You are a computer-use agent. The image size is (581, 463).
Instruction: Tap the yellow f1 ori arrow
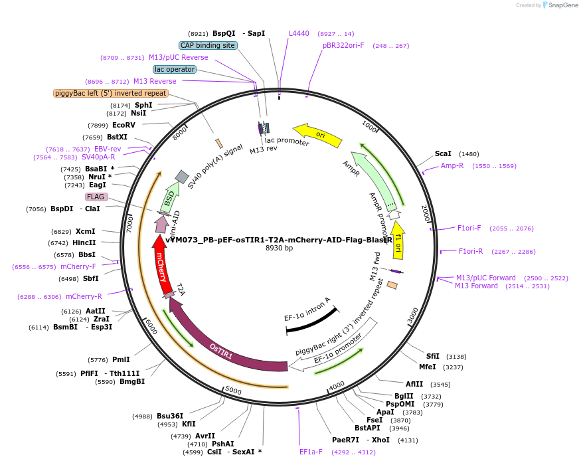pos(398,240)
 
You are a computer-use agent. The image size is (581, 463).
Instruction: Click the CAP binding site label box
pos(208,45)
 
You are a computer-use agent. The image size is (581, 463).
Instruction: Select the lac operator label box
pos(174,69)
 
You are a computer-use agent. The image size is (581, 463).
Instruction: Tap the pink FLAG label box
pos(96,197)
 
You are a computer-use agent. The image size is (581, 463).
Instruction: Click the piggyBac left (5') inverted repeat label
pos(111,94)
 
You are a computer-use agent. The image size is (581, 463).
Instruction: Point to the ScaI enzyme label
pos(443,153)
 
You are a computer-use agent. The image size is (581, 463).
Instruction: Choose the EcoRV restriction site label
pos(124,125)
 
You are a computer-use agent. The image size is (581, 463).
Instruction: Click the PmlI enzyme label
pos(121,359)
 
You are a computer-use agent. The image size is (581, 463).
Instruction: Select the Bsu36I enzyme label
pos(170,416)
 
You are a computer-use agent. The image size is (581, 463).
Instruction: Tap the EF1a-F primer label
pos(311,452)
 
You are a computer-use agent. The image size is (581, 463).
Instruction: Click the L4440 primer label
pos(299,33)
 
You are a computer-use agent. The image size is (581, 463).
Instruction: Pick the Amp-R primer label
pos(452,165)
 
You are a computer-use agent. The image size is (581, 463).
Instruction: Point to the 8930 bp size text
pos(279,248)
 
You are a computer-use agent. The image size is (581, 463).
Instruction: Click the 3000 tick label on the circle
pos(413,314)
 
